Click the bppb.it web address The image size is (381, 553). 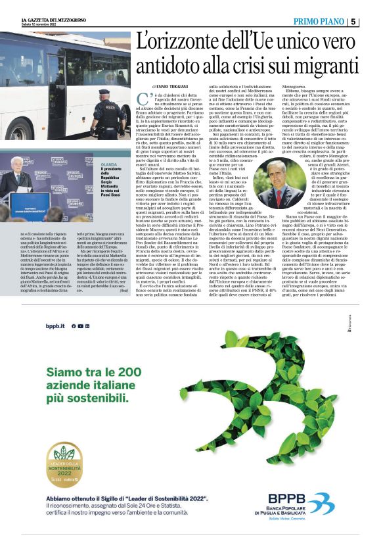tap(54, 326)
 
